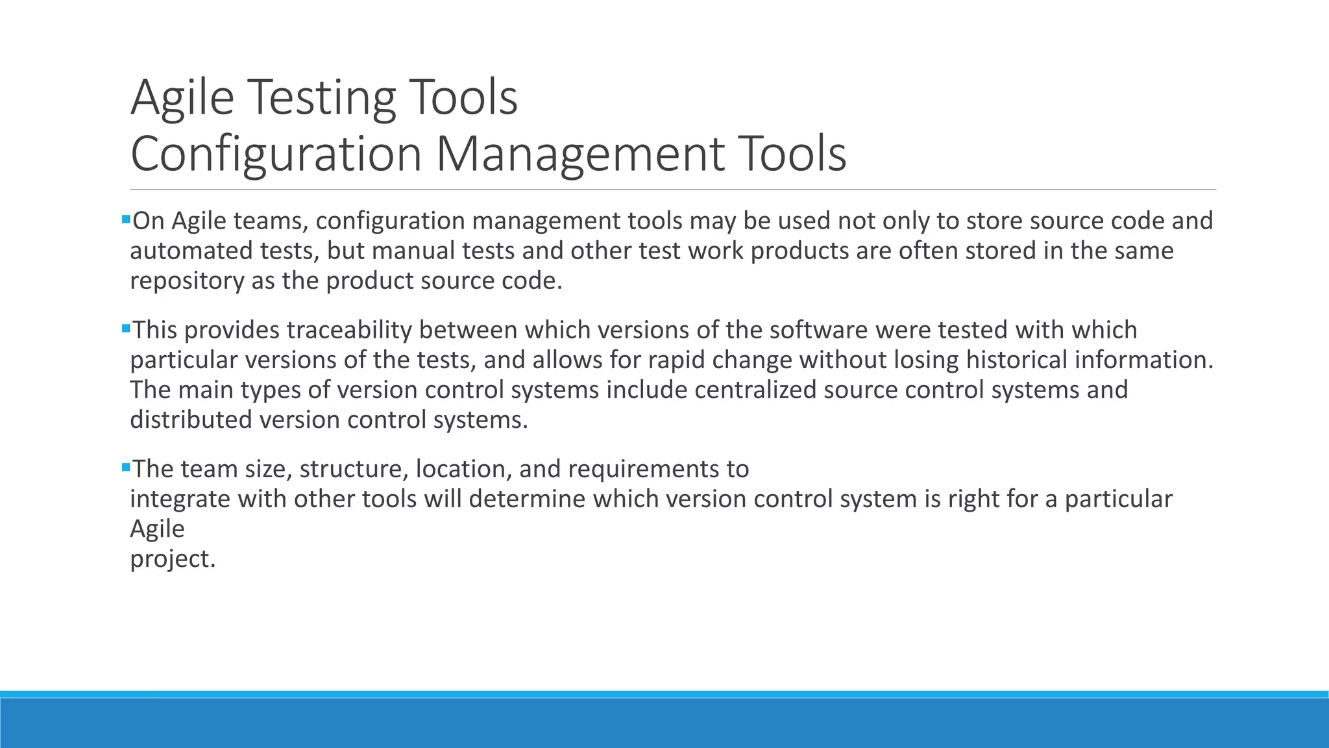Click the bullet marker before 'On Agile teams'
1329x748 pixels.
tap(126, 219)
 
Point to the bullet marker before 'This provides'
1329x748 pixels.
tap(126, 329)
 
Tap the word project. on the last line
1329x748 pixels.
tap(173, 559)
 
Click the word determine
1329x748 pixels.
tap(527, 499)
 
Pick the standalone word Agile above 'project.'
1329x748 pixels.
tap(157, 529)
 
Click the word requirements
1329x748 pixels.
tap(635, 469)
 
